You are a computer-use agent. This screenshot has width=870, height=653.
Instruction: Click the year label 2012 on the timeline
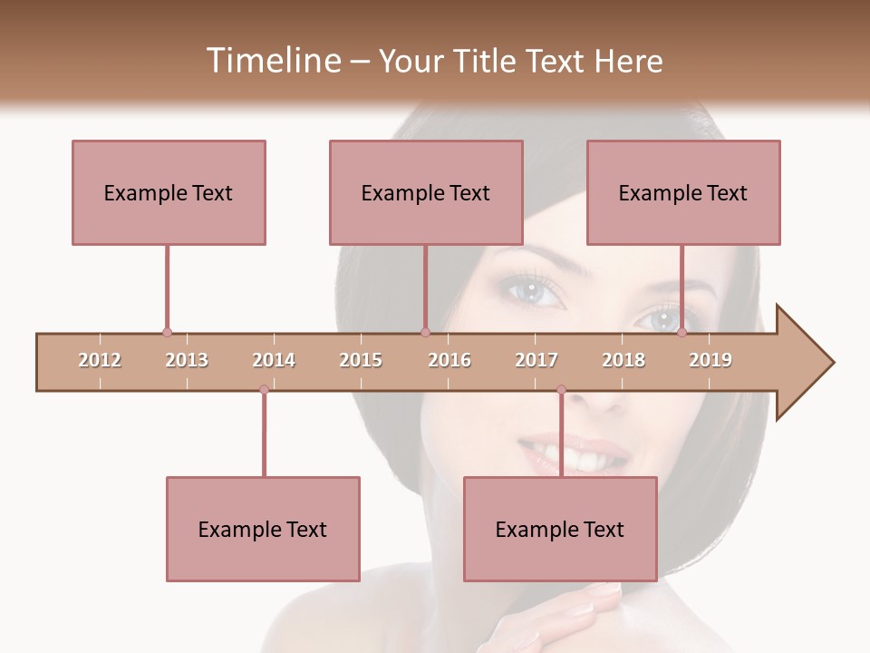coord(100,360)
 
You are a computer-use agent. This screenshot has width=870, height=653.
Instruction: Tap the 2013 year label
coord(187,360)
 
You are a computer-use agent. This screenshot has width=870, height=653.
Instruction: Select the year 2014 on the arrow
coord(274,360)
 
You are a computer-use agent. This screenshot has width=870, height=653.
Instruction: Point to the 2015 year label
coord(361,360)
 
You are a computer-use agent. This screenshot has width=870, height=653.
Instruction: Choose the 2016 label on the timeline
coord(449,360)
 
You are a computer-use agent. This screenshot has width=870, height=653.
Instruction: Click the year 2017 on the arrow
coord(536,360)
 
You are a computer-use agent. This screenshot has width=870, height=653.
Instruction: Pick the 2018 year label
coord(623,360)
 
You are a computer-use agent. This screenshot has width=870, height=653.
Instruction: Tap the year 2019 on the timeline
coord(710,360)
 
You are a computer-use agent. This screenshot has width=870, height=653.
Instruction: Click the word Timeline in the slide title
coord(271,61)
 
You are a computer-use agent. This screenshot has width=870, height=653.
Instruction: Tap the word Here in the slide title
coord(628,61)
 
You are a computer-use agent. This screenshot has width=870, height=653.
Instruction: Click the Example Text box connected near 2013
coord(169,192)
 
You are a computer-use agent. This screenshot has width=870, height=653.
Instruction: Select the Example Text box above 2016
coord(426,192)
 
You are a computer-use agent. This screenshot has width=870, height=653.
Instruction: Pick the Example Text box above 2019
coord(683,192)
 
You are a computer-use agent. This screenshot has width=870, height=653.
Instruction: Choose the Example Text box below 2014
coord(263,529)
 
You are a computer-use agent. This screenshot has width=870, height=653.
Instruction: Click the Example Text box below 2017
coord(560,529)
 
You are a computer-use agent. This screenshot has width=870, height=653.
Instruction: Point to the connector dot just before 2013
coord(167,333)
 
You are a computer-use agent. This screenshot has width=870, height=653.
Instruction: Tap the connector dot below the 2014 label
coord(264,389)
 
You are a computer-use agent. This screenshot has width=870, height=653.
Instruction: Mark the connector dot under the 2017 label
coord(561,389)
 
